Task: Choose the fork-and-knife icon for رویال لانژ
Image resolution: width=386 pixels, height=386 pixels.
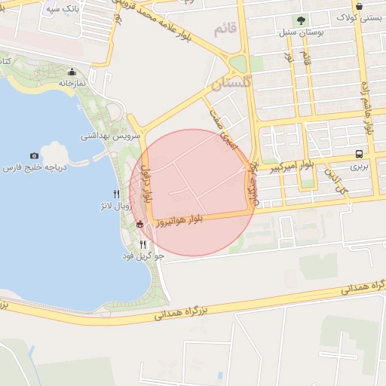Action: tap(115, 193)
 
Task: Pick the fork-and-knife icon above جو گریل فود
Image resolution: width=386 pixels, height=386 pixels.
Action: tap(143, 244)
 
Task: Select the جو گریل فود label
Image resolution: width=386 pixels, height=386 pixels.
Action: tap(142, 256)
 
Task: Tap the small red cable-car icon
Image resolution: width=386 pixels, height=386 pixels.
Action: tap(139, 224)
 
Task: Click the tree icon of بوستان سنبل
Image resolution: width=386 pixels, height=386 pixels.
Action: tap(302, 20)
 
